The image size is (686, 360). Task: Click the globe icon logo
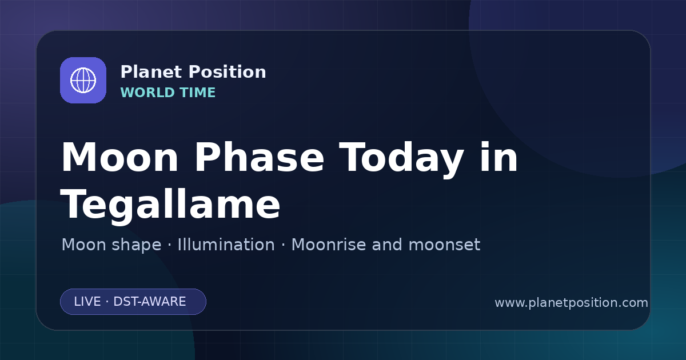pos(83,80)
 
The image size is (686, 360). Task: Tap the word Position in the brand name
pos(228,72)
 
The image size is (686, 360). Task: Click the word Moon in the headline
pos(119,157)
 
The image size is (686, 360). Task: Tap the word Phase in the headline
pos(259,157)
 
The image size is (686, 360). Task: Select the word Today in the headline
pos(401,159)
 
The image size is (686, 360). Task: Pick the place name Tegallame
pos(170,205)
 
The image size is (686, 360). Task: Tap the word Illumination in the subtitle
pos(226,245)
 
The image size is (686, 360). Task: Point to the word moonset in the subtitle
pos(444,245)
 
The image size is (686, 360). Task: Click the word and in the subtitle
pos(387,245)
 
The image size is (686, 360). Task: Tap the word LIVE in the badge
pos(87,302)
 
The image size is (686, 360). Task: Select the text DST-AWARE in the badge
pos(149,302)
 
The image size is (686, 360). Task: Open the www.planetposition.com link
pos(571,303)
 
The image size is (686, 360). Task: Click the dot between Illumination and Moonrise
pos(283,245)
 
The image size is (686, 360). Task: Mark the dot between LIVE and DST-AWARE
pos(107,302)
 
